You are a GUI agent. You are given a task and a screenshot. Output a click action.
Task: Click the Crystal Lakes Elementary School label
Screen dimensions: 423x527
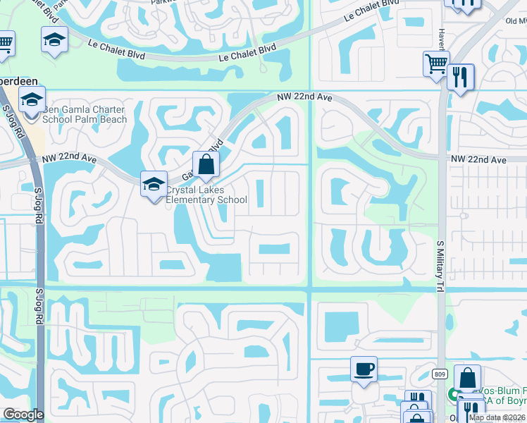coord(206,195)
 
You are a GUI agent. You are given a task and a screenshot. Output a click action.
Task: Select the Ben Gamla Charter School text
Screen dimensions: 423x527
coord(85,114)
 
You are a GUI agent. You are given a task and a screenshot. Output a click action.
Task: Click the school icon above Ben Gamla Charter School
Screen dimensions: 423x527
coord(32,101)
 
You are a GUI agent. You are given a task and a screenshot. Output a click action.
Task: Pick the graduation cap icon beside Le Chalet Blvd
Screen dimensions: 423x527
coord(54,41)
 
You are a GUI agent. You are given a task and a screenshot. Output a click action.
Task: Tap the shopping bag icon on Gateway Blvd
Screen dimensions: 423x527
coord(206,166)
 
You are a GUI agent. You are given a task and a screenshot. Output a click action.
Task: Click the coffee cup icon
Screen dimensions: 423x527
coord(364,369)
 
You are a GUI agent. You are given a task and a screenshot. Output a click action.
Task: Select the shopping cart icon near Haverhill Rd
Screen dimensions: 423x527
coord(436,64)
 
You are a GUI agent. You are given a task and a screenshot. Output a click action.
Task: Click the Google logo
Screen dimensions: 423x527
coord(23,415)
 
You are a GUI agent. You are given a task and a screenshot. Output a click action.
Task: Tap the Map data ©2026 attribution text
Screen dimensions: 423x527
coord(497,417)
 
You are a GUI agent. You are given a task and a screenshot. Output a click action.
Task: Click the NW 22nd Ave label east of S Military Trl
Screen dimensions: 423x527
coord(479,161)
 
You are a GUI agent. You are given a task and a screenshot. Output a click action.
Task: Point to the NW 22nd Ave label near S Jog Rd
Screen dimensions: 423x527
coord(68,159)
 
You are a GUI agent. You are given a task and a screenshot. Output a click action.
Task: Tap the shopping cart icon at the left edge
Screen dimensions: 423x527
coord(6,44)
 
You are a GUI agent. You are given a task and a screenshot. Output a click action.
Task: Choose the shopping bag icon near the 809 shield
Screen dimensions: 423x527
coord(467,378)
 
